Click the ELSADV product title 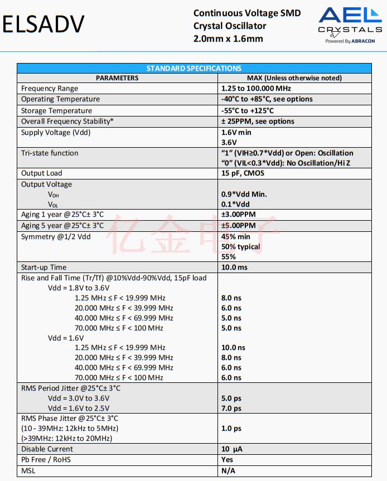coord(44,25)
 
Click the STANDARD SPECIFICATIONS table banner coord(193,69)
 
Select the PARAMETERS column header coord(117,78)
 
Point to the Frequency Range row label coord(50,89)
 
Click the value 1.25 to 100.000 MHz coord(256,89)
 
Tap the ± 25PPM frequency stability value coord(258,122)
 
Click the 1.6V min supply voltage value coord(236,133)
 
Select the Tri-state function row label coord(50,153)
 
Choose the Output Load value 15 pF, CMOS coord(243,173)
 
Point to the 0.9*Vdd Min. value coord(244,195)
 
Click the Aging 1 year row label coord(62,215)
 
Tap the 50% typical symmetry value coord(241,246)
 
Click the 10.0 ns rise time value coord(233,348)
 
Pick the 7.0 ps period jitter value coord(231,409)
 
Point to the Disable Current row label coord(47,449)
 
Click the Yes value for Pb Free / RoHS coord(228,460)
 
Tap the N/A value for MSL coord(228,471)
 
